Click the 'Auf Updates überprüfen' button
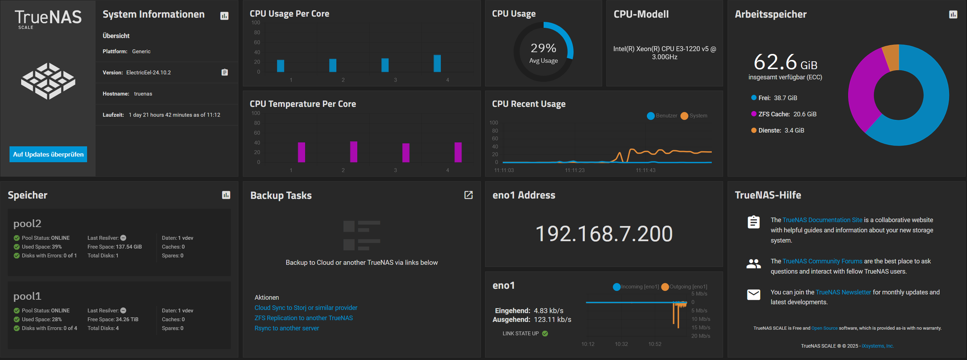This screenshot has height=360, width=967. pos(48,154)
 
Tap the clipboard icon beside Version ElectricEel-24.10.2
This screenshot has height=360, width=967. pos(225,72)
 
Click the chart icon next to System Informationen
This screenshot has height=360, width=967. pos(224,16)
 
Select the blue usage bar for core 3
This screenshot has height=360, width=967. pos(385,65)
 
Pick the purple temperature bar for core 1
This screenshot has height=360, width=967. pos(301,152)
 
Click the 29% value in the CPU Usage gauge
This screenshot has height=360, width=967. pos(543,48)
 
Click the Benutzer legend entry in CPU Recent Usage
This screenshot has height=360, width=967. pos(662,116)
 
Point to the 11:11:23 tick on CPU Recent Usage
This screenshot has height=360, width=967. pos(574,170)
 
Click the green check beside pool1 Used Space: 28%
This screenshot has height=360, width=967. pos(17,319)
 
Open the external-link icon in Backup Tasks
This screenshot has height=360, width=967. pos(468,195)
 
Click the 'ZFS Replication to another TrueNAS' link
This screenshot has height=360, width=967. pos(303,318)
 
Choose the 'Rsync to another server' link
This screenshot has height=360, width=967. pos(286,328)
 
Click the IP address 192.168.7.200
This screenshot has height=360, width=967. pos(604,233)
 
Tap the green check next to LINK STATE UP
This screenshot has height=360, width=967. pos(545,333)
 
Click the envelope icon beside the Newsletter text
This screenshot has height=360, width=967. pos(753,295)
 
